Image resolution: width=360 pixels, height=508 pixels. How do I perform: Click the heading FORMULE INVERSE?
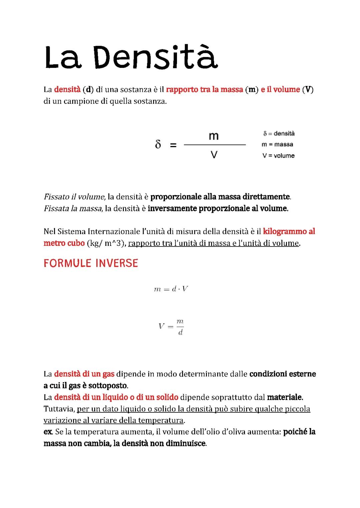coord(91,263)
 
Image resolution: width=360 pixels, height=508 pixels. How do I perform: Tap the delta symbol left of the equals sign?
coord(158,145)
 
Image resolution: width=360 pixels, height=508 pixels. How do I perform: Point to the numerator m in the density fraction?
coord(214,136)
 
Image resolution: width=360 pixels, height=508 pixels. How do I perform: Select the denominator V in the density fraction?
coord(214,155)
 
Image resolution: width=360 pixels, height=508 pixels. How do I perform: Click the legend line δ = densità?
coord(279,134)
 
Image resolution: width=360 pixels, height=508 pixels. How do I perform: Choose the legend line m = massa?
coord(277,145)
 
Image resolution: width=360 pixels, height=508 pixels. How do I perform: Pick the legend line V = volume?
coord(278,156)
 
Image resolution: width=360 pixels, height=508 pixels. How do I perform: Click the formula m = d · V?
coord(171,289)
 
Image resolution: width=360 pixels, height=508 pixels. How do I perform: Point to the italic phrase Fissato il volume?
coord(74,197)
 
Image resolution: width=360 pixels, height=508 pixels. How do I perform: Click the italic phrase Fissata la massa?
coord(73,209)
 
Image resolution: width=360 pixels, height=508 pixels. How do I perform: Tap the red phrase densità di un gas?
coord(84,374)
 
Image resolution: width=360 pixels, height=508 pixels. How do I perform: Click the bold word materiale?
coord(285,397)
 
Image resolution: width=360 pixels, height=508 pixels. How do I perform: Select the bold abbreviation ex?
coord(48,432)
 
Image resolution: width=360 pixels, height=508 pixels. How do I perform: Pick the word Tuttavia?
coord(59,409)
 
